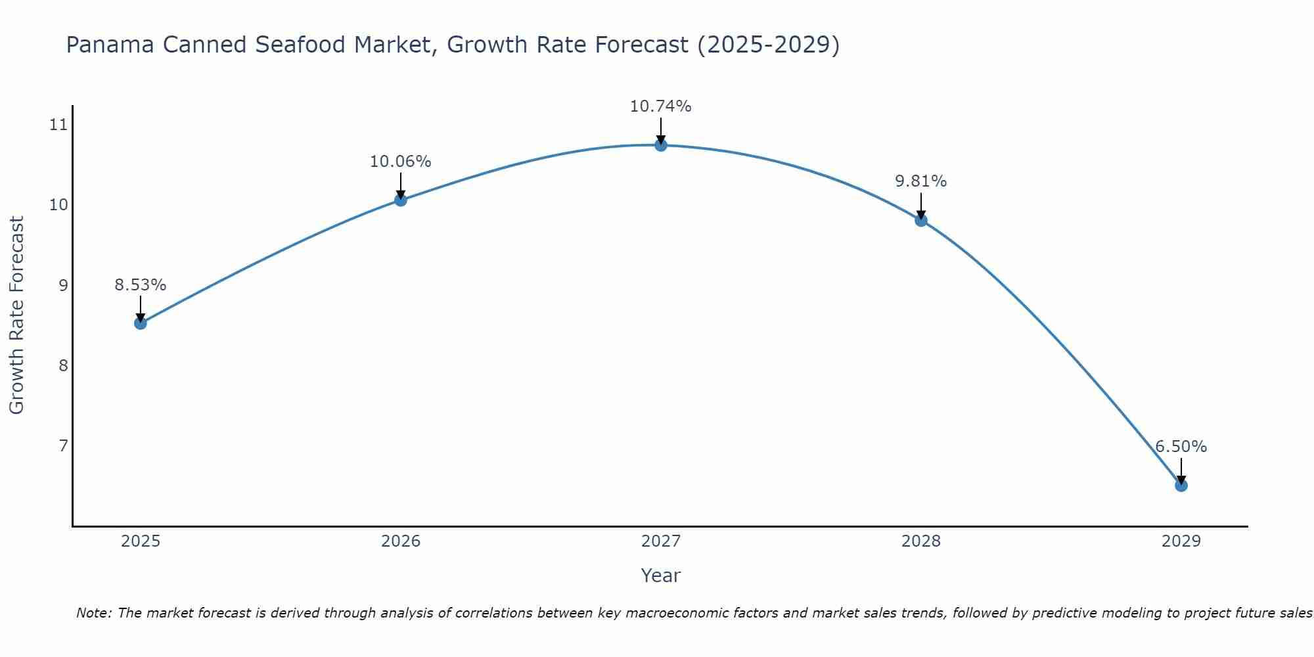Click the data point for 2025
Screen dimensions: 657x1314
point(140,323)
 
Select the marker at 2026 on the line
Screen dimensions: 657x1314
point(401,200)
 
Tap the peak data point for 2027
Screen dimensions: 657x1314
point(661,145)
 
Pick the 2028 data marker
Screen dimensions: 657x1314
point(921,220)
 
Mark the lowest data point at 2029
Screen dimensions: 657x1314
point(1181,486)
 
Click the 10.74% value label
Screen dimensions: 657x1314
point(660,106)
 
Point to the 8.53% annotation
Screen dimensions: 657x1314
point(140,285)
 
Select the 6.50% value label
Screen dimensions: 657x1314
point(1181,447)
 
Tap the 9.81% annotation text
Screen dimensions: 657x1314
point(920,181)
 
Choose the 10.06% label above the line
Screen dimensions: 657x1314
point(400,162)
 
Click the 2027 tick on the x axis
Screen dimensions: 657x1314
point(661,541)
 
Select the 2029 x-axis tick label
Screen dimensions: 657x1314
point(1181,541)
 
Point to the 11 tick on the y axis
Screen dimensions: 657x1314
point(59,125)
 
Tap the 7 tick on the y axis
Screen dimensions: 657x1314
point(63,446)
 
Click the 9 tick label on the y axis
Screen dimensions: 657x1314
point(63,285)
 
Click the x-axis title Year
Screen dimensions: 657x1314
point(660,576)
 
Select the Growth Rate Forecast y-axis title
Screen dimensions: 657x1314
point(16,315)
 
